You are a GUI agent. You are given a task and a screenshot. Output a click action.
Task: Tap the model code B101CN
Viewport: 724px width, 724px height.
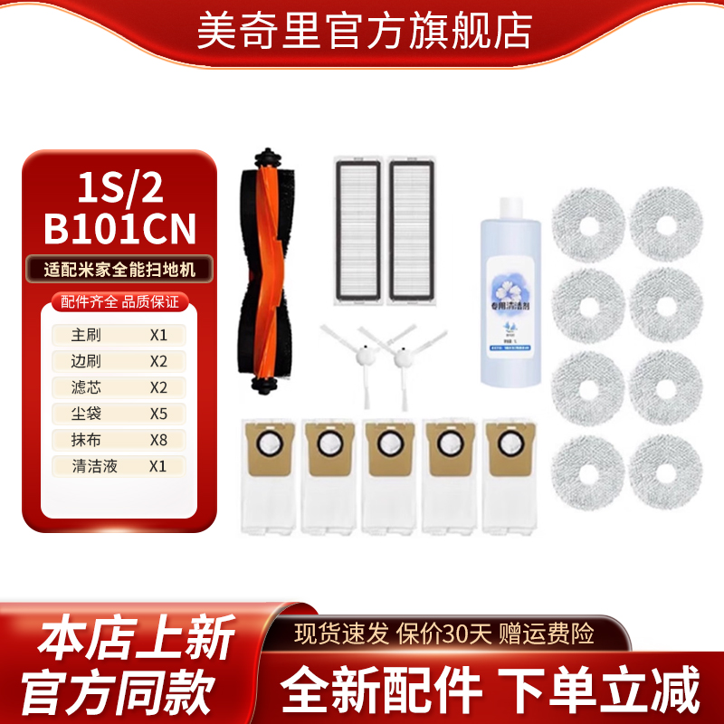[119, 229]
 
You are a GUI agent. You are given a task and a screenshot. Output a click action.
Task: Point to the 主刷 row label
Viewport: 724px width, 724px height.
[86, 334]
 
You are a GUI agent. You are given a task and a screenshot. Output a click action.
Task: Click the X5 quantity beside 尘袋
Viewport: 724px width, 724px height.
[159, 414]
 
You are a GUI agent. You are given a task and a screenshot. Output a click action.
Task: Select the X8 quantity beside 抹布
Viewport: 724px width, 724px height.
[159, 440]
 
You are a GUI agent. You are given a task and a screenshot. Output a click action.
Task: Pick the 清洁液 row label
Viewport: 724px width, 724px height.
[92, 467]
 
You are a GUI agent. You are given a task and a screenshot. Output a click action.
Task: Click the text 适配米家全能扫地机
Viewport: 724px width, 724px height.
[119, 268]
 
